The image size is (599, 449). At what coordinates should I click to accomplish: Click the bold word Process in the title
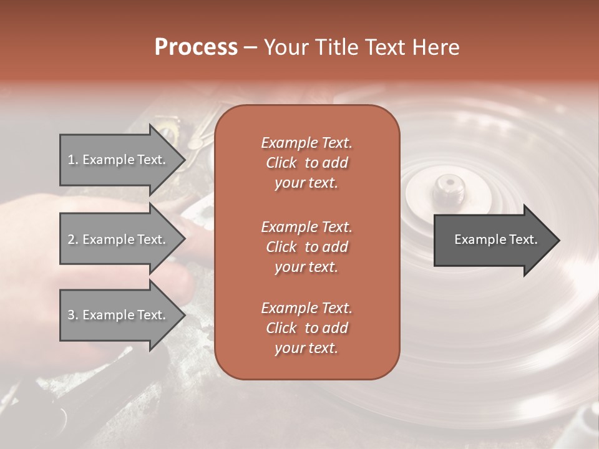click(196, 47)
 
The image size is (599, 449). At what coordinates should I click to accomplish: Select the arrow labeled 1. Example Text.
click(119, 160)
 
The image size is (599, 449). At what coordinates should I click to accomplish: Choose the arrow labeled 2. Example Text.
click(119, 239)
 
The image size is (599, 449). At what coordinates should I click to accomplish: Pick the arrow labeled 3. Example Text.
click(119, 315)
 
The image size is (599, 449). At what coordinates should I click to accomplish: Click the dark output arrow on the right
click(493, 239)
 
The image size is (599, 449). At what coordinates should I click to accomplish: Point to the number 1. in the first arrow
click(73, 160)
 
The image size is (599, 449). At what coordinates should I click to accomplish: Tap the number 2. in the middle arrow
click(73, 239)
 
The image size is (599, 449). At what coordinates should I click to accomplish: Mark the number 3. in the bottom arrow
click(73, 315)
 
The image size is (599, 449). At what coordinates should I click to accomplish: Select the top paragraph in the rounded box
click(306, 163)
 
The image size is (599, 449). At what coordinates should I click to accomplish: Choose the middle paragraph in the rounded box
click(306, 247)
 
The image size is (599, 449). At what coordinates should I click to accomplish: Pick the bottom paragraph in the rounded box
click(306, 328)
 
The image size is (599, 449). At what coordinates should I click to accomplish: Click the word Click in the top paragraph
click(281, 163)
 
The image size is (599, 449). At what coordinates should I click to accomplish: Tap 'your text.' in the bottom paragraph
click(306, 349)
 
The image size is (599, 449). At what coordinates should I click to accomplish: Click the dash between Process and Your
click(250, 47)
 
